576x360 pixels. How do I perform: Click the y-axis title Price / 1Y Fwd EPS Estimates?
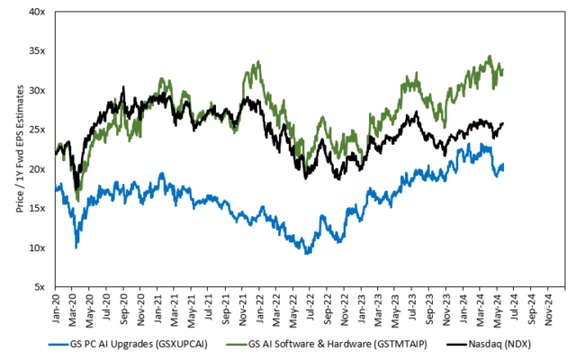click(x=20, y=149)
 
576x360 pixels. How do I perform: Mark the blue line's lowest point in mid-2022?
click(x=308, y=254)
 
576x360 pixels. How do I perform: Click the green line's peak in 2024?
click(x=490, y=56)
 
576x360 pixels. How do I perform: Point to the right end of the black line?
click(x=502, y=123)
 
